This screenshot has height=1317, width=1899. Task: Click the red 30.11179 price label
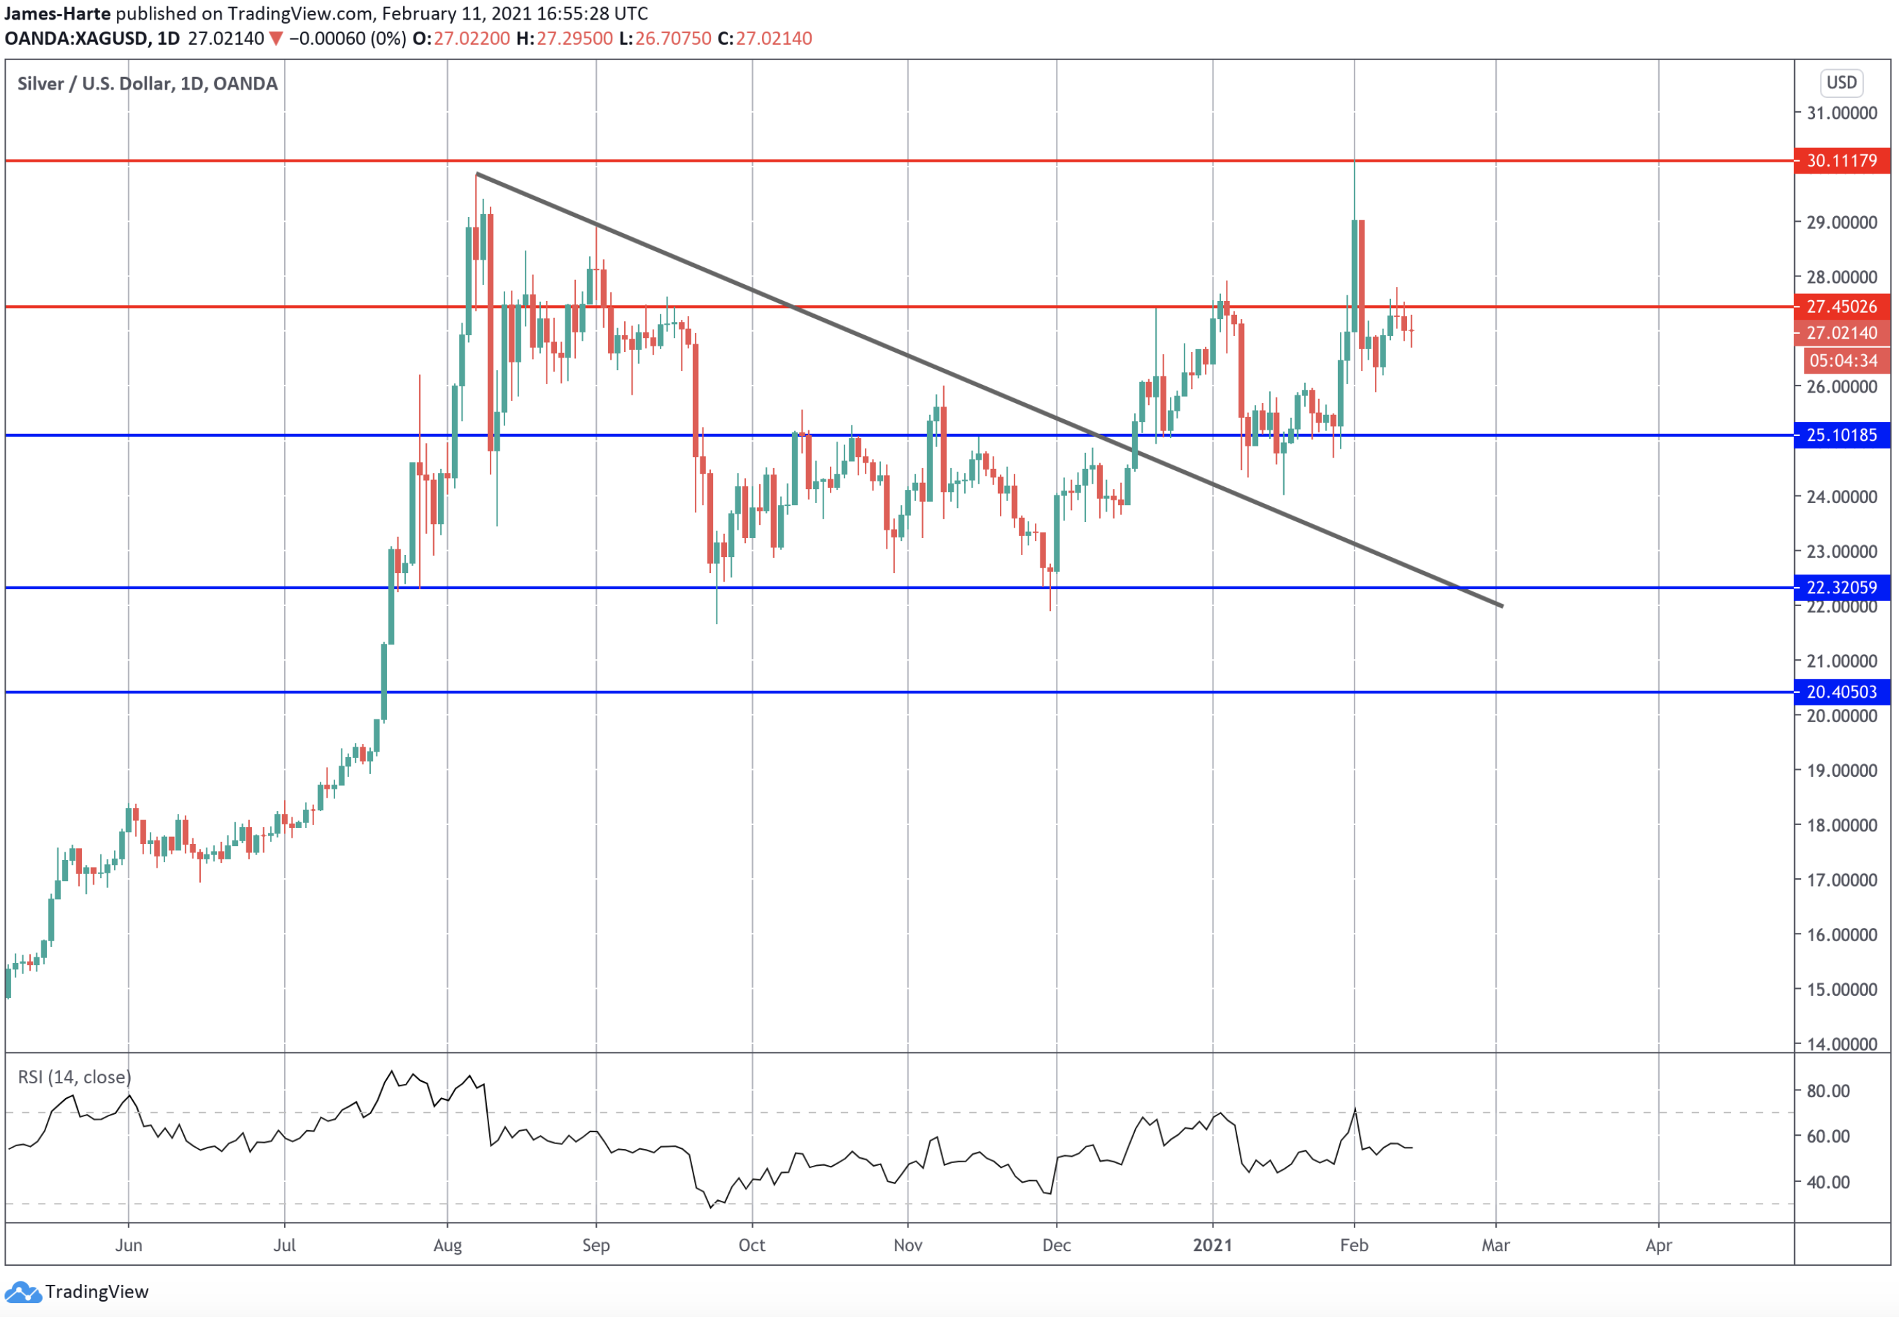[x=1841, y=160]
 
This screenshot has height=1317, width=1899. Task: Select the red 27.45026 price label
[x=1841, y=306]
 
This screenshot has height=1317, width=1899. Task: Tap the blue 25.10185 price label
[x=1841, y=435]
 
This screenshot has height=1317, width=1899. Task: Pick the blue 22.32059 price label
[x=1841, y=588]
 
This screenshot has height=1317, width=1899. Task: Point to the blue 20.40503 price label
[x=1841, y=691]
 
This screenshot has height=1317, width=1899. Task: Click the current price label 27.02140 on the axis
[x=1841, y=332]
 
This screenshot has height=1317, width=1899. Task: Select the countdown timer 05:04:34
[x=1843, y=360]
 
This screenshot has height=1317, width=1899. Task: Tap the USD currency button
[x=1841, y=83]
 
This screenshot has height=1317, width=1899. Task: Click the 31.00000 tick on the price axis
[x=1841, y=113]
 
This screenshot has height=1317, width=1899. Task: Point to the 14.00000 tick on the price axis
[x=1841, y=1044]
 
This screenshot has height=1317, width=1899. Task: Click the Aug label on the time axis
[x=447, y=1245]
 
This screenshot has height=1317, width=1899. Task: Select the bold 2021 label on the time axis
[x=1212, y=1245]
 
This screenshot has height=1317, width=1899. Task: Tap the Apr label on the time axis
[x=1658, y=1245]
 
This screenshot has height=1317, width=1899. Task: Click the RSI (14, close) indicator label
[x=74, y=1077]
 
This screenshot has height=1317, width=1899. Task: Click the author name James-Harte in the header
[x=57, y=13]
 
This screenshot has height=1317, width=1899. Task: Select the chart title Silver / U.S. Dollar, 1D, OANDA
[x=147, y=83]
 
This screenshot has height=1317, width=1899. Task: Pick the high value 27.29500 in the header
[x=574, y=38]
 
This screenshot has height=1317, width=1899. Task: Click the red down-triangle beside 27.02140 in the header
[x=276, y=38]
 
